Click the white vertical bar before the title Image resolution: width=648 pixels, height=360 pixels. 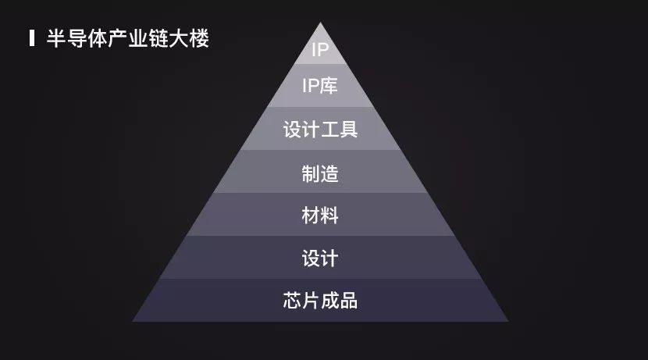point(31,38)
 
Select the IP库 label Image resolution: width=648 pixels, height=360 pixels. point(320,86)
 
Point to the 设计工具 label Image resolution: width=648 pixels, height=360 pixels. point(320,130)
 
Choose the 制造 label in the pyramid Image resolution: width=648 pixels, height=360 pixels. point(320,173)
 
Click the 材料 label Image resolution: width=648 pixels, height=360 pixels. point(320,215)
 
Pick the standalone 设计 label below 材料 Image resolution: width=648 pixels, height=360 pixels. point(320,257)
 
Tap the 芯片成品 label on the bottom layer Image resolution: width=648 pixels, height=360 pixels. point(320,300)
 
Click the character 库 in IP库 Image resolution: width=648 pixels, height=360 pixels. point(329,86)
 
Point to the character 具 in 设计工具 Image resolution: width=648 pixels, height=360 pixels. point(348,130)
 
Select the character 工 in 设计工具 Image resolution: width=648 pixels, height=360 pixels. point(329,130)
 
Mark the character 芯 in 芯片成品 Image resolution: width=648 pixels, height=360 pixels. point(292,300)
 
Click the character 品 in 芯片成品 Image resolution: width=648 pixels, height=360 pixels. point(348,300)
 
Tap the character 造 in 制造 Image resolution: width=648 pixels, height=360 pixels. point(329,173)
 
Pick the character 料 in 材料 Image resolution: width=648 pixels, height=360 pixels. point(329,215)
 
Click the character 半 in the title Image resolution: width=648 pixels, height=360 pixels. point(55,38)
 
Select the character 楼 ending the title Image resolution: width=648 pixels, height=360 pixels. point(199,38)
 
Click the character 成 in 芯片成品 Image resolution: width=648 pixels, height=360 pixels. point(329,300)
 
